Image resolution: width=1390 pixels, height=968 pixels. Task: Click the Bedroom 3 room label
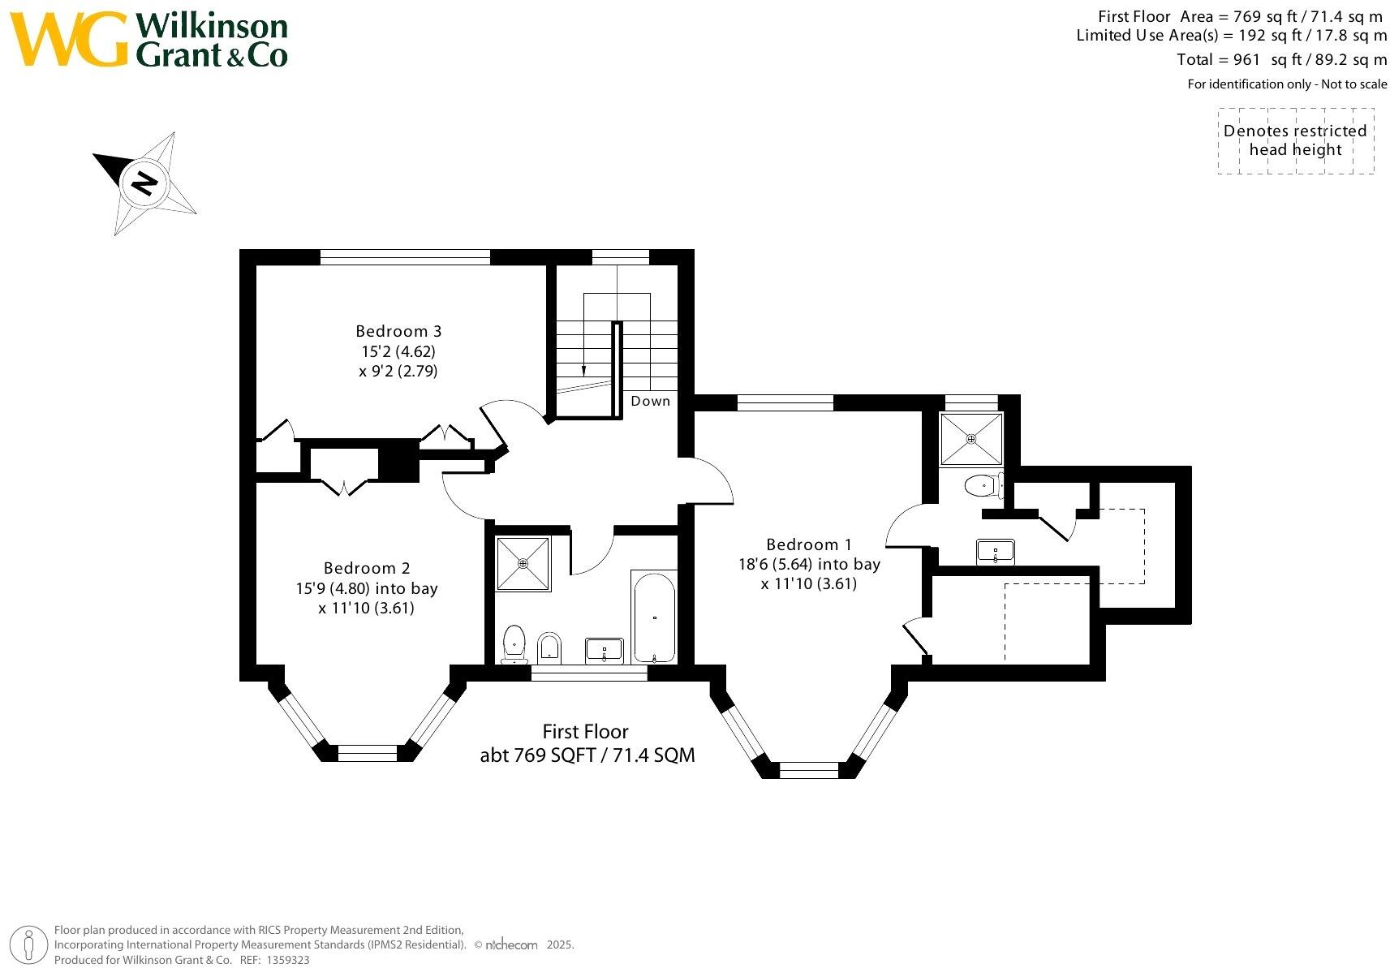[398, 331]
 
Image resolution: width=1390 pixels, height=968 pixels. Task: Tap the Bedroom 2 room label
[367, 568]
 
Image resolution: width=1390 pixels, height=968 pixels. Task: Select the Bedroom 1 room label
[809, 544]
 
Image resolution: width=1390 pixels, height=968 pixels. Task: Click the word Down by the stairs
[651, 401]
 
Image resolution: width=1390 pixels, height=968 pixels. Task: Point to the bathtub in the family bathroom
[654, 617]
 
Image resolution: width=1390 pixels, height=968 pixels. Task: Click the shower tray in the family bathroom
[523, 563]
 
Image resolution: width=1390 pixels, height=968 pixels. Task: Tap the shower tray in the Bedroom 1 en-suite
[971, 439]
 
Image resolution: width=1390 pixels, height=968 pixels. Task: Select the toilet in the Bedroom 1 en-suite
[982, 486]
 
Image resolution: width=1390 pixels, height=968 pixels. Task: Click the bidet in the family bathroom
[549, 647]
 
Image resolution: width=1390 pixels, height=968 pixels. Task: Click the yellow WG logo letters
[69, 38]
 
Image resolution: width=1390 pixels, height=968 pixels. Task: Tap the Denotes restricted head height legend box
[1295, 140]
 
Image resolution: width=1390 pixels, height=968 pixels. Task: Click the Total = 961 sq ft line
[1281, 59]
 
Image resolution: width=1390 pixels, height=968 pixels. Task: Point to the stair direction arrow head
[583, 370]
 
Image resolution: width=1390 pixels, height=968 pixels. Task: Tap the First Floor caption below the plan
[586, 732]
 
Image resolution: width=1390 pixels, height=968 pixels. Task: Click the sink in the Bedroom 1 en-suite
[995, 552]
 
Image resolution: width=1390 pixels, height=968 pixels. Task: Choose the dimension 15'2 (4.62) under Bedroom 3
[398, 352]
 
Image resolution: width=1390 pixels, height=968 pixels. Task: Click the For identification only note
[1287, 84]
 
